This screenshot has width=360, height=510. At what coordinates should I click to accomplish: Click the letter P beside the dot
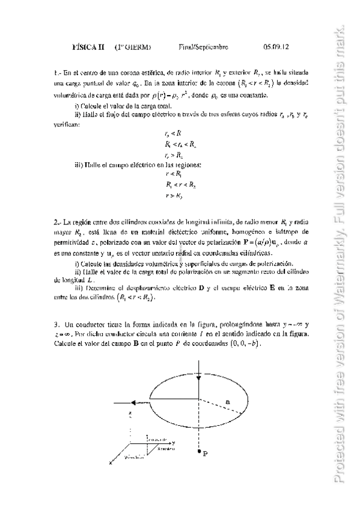click(x=206, y=454)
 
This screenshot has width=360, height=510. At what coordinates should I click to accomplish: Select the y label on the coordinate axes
click(x=172, y=441)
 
